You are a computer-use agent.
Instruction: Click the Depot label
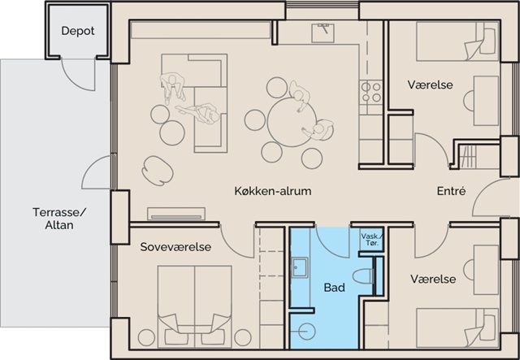tap(78, 31)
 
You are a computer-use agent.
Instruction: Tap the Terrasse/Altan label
tap(59, 219)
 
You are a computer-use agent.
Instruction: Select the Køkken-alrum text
tap(273, 191)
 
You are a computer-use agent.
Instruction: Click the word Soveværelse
tap(175, 247)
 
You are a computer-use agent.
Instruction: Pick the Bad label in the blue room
tap(334, 288)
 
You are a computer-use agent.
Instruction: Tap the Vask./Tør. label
tap(371, 239)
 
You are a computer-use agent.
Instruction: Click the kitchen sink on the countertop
tap(323, 33)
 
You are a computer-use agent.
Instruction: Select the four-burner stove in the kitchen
tap(371, 93)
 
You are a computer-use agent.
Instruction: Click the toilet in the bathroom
tap(363, 276)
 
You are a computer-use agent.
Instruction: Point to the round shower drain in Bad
tap(306, 331)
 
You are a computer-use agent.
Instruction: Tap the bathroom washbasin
tap(300, 267)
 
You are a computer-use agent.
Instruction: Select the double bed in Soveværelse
tap(195, 307)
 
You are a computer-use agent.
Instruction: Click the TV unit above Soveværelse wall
tap(176, 214)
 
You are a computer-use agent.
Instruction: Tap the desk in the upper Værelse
tap(486, 101)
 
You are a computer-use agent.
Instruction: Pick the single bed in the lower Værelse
tap(457, 327)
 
